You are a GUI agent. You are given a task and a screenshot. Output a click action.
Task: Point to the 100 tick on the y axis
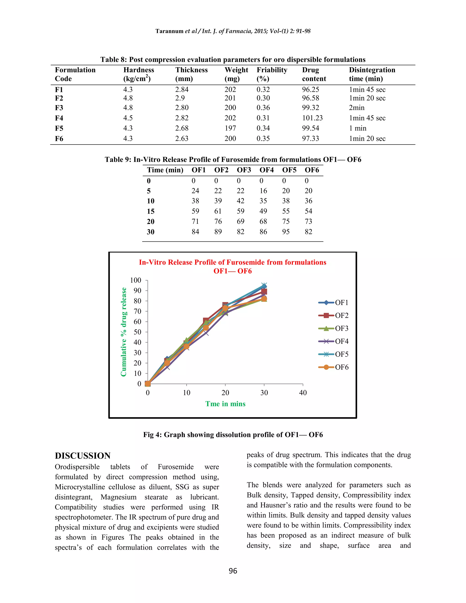[136, 280]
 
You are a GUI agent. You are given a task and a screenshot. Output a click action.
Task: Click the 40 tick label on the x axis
[303, 393]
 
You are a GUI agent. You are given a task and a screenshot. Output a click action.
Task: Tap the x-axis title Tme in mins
[225, 404]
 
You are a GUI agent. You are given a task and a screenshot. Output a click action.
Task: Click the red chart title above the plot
[233, 266]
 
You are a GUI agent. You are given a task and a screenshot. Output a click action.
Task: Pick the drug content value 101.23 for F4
[312, 118]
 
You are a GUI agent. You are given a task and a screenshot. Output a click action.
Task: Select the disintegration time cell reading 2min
[357, 108]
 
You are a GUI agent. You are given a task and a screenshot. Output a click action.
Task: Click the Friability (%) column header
[272, 74]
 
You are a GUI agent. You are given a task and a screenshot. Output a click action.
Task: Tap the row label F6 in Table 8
[59, 139]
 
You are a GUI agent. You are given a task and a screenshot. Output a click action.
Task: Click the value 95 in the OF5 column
[286, 232]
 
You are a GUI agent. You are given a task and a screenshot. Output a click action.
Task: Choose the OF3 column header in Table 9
[244, 170]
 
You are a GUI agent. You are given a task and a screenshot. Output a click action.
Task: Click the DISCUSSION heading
[83, 456]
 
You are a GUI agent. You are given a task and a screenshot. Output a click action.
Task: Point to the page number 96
[233, 571]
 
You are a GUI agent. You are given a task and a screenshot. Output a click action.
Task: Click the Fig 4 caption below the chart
[233, 435]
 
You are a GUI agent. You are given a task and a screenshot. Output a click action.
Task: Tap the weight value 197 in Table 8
[230, 128]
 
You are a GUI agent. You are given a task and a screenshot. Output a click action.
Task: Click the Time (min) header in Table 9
[165, 170]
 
